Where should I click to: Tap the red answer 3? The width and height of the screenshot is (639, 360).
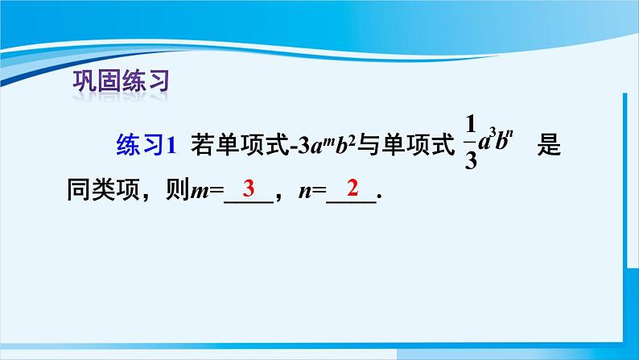(x=249, y=190)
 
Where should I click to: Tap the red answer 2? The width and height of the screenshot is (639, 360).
(x=352, y=190)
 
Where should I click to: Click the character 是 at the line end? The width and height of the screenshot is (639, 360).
(x=547, y=147)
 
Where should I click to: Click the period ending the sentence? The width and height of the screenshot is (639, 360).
(x=378, y=201)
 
